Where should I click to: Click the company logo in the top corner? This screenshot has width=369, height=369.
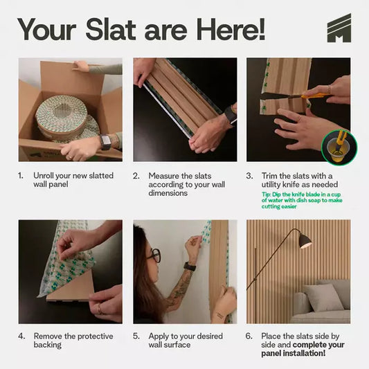point(339,28)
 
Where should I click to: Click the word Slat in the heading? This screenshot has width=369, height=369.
point(111,29)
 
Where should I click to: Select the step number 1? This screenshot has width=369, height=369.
point(21,176)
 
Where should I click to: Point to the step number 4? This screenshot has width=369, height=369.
point(21,336)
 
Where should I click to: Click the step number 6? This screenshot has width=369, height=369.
point(249,336)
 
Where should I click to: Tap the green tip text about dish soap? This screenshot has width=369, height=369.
point(302,201)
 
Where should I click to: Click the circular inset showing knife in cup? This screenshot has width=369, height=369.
point(339,147)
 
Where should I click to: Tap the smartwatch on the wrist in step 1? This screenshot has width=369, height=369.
point(105,142)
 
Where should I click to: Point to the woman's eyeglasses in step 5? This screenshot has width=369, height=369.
point(154,255)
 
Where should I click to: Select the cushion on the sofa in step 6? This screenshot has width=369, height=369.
point(323,297)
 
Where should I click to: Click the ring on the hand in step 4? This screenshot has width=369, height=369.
point(100,309)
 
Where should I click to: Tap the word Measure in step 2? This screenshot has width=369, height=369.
point(164,176)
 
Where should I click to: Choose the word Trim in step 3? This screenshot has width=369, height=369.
point(269,176)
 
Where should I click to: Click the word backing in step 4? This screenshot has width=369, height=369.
point(48,345)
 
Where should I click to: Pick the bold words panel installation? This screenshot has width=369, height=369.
point(294,353)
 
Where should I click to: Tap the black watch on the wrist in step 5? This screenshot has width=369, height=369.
point(190,267)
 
